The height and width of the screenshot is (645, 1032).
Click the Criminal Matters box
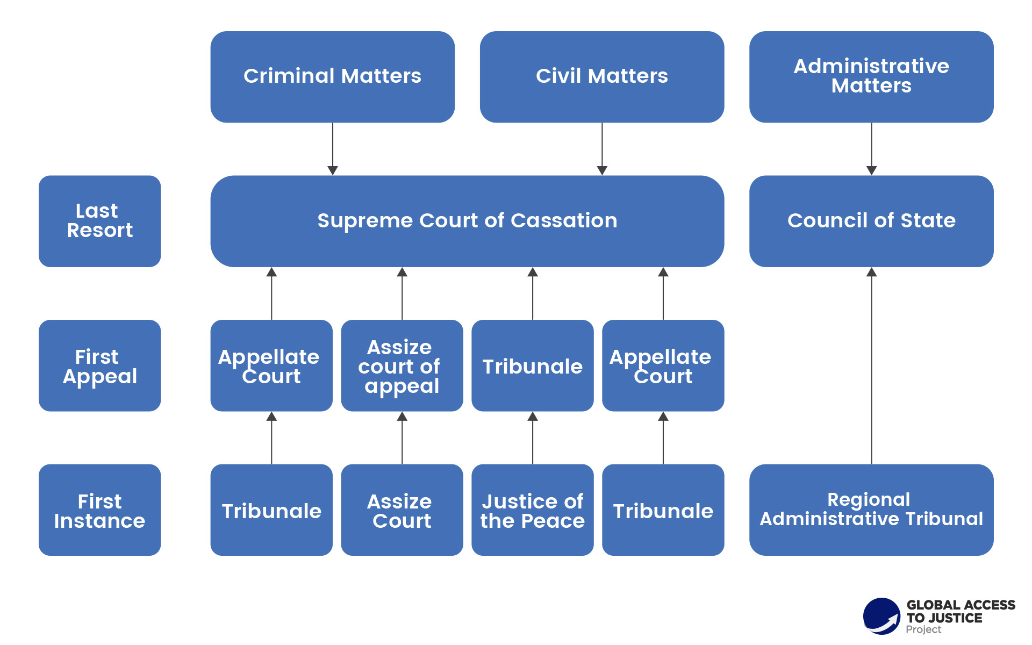(332, 77)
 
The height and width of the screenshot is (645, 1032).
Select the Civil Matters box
(601, 77)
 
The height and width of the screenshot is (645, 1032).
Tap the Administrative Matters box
(871, 77)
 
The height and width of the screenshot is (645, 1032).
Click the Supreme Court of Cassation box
(467, 221)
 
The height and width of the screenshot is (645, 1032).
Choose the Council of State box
(871, 221)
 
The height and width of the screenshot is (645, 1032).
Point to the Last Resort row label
(99, 221)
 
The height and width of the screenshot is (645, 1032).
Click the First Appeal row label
(99, 365)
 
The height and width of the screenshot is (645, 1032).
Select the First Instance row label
(99, 510)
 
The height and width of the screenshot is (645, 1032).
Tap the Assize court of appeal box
(402, 365)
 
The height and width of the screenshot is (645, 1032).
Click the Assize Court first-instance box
(402, 510)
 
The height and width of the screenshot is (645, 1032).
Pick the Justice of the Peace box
(532, 510)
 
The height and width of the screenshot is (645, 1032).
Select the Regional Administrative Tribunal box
(871, 510)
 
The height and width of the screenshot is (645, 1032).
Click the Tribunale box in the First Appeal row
(532, 365)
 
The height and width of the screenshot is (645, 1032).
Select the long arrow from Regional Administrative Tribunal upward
(871, 365)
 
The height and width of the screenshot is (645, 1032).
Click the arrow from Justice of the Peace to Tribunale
(533, 438)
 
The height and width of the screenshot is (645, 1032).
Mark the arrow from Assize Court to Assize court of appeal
(402, 438)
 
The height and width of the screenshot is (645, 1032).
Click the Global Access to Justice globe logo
(881, 616)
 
